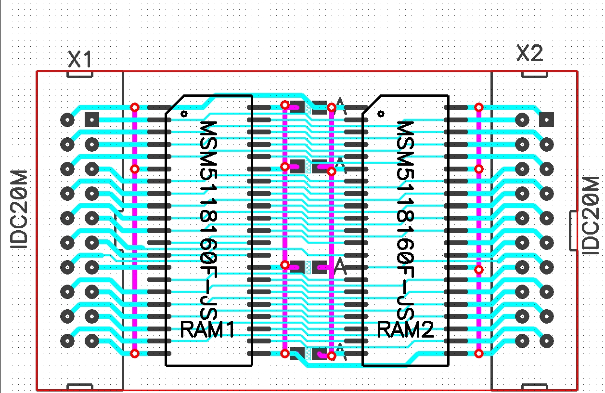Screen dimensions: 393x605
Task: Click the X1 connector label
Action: (x=80, y=60)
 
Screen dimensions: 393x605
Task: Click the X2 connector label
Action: (x=529, y=53)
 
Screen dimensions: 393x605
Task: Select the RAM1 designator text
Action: (x=207, y=330)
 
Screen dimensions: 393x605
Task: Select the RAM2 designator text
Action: (x=405, y=330)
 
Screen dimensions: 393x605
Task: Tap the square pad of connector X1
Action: (x=91, y=119)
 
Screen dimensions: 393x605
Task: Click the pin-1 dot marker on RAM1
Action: (x=184, y=114)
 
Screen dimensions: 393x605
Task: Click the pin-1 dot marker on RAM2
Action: (x=381, y=114)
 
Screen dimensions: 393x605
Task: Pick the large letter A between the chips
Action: (x=340, y=266)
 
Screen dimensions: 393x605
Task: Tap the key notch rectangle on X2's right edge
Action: (x=573, y=230)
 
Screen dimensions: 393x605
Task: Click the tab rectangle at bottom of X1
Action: (x=79, y=387)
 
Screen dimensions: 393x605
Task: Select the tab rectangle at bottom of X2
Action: (x=535, y=387)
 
